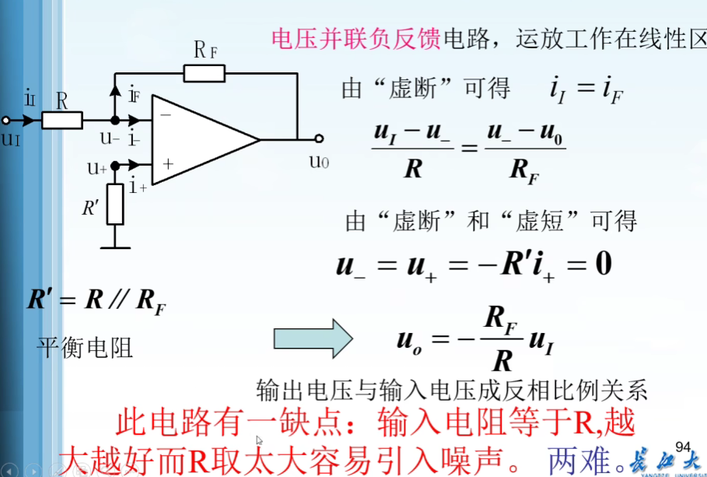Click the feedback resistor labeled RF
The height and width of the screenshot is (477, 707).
[205, 74]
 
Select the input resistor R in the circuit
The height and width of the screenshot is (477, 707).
[62, 121]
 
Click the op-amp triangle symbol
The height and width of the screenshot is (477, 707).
[202, 140]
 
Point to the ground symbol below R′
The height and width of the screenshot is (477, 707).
[115, 247]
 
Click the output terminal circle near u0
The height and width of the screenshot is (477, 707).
[319, 140]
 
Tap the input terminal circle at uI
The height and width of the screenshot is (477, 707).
[6, 121]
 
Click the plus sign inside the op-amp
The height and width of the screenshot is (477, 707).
[165, 165]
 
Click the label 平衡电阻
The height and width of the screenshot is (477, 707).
[86, 347]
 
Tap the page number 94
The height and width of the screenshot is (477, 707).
[683, 446]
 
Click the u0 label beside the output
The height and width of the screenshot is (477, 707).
[319, 162]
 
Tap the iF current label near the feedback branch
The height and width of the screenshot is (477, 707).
[135, 94]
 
